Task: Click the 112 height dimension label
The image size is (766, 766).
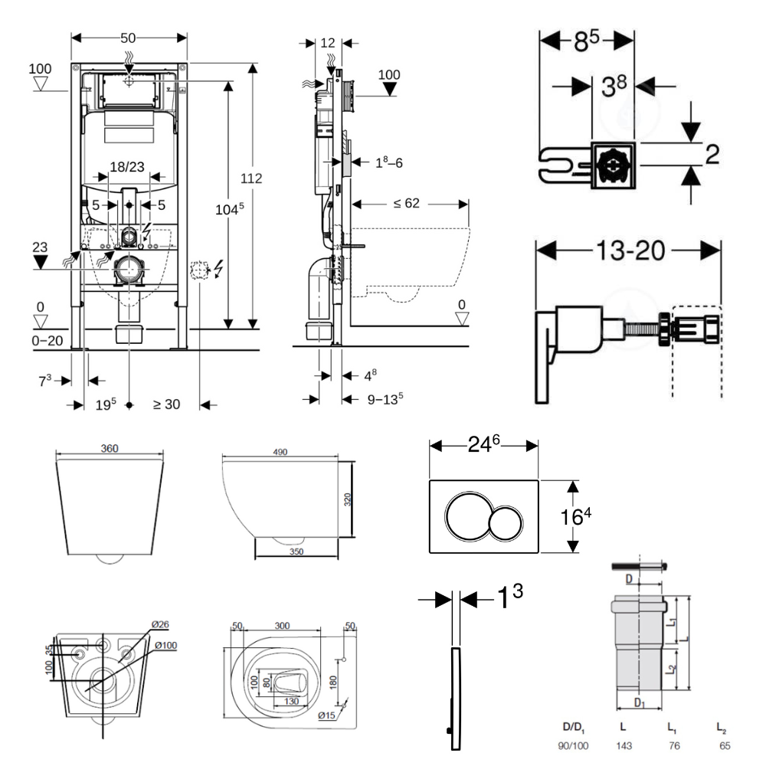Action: (x=250, y=178)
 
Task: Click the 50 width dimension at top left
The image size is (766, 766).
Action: (x=129, y=38)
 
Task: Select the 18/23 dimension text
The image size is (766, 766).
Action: (x=129, y=168)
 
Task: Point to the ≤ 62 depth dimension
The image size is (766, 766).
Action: (x=406, y=204)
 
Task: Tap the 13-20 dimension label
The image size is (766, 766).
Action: (x=627, y=250)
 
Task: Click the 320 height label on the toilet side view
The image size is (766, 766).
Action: (x=347, y=500)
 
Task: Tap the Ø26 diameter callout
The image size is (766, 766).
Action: (x=159, y=624)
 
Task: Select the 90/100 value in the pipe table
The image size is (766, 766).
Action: (x=575, y=745)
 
